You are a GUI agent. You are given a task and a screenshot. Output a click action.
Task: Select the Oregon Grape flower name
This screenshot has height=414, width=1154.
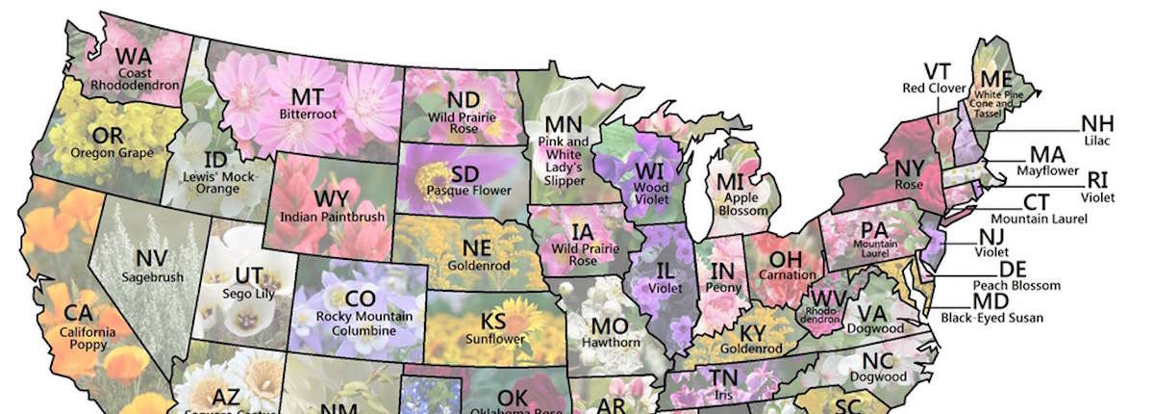106,152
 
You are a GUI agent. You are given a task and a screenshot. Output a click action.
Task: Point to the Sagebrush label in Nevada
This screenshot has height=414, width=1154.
152,277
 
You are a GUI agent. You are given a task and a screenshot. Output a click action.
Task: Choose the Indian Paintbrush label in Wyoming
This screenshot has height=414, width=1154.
331,217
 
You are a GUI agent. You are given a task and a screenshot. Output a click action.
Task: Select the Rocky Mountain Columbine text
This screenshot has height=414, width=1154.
360,323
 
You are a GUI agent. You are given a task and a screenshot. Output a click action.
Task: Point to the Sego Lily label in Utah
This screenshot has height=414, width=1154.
246,294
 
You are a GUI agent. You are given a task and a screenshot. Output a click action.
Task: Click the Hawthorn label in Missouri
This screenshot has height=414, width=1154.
610,343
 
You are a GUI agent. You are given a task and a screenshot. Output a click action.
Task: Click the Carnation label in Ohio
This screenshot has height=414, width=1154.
787,274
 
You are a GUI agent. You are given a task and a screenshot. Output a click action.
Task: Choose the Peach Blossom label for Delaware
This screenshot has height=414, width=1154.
1016,285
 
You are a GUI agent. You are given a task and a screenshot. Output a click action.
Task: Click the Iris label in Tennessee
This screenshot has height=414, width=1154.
724,395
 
